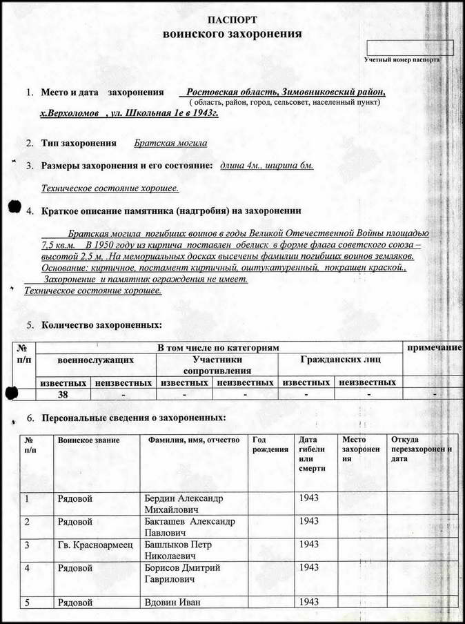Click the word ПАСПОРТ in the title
click(232, 20)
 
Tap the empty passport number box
click(409, 48)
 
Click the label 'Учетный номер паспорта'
click(402, 60)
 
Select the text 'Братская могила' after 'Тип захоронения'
click(170, 144)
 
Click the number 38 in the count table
click(62, 394)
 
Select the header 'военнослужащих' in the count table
click(95, 360)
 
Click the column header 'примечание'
click(434, 347)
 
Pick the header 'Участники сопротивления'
click(217, 364)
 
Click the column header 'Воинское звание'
click(89, 440)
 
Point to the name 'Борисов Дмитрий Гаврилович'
click(181, 573)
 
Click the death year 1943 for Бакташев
click(310, 521)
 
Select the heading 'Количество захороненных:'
click(102, 324)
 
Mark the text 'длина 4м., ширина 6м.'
click(266, 166)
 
